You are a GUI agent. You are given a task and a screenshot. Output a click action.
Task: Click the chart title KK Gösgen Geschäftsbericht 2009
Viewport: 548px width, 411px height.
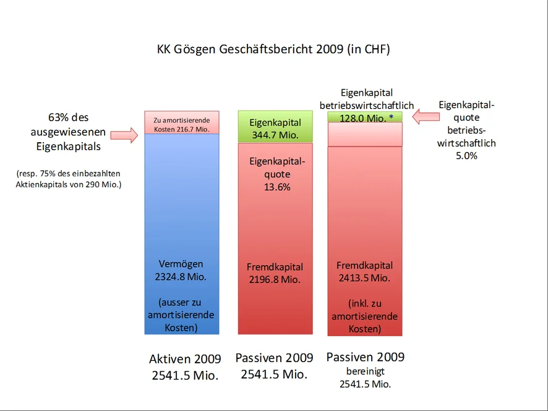273,49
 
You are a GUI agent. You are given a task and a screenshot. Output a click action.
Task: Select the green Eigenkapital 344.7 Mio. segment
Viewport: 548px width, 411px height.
275,127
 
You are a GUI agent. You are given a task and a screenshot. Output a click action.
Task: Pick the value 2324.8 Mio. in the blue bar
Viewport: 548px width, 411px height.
182,276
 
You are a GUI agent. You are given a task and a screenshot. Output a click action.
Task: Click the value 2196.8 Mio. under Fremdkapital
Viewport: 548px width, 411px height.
275,279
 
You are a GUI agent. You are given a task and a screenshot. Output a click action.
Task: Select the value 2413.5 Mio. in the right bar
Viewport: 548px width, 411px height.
364,278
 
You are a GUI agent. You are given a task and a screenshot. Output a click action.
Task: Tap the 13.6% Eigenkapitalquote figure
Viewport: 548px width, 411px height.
276,187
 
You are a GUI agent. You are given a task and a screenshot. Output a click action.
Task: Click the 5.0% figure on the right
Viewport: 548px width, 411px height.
467,156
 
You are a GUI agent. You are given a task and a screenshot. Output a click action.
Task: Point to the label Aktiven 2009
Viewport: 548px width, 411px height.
185,359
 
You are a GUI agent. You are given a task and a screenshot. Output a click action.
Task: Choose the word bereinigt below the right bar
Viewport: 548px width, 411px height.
365,372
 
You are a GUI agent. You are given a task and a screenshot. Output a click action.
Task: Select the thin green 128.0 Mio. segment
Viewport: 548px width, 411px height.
364,117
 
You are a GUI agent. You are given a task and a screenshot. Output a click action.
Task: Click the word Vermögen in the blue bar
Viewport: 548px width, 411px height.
181,264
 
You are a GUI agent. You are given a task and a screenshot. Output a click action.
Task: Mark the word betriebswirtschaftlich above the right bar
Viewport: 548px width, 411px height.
367,106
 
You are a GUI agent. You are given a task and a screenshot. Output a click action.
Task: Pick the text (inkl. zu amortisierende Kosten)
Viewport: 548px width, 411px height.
364,316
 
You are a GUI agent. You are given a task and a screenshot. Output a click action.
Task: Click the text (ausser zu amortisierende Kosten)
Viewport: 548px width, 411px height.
181,315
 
